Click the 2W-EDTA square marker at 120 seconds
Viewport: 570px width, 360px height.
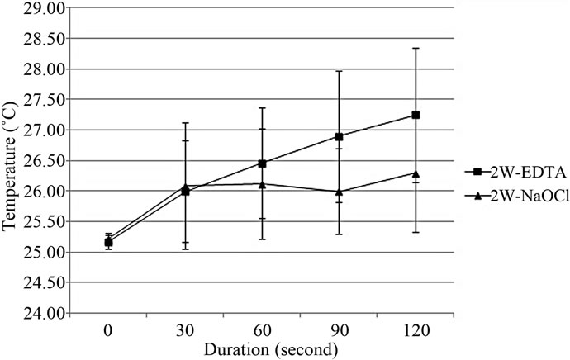coord(416,115)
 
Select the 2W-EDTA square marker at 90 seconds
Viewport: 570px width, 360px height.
coord(339,136)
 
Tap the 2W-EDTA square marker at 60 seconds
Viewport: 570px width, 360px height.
coord(263,163)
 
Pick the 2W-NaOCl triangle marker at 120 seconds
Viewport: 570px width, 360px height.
coord(416,173)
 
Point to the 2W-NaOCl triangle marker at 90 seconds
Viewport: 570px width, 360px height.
coord(339,192)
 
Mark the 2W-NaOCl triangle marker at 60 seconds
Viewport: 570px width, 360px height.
coord(263,184)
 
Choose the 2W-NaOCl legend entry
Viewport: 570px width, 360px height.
coord(512,193)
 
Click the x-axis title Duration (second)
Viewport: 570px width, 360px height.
coord(262,348)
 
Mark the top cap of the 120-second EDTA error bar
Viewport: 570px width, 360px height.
coord(416,49)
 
